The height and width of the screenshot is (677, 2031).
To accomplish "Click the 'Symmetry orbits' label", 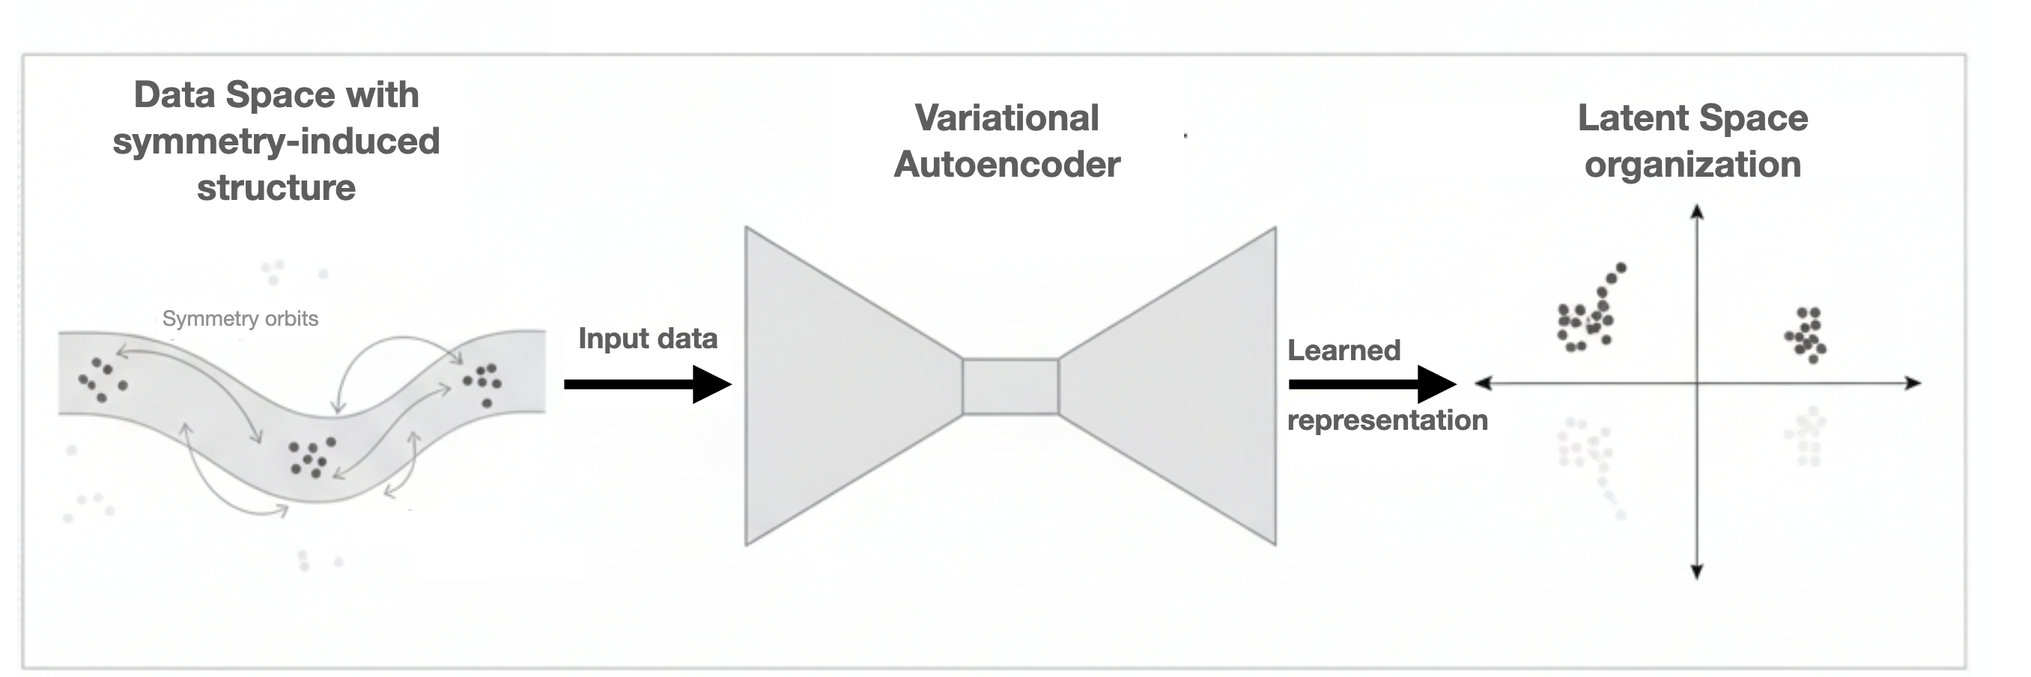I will pyautogui.click(x=240, y=318).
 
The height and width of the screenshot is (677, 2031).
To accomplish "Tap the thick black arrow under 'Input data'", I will pyautogui.click(x=646, y=384).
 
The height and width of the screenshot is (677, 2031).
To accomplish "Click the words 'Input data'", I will pyautogui.click(x=647, y=338).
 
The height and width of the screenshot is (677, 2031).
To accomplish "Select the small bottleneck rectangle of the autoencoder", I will pyautogui.click(x=1010, y=386).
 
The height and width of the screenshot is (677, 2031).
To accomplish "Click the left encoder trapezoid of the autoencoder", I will pyautogui.click(x=836, y=386).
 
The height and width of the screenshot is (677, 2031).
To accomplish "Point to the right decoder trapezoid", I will pyautogui.click(x=1183, y=386).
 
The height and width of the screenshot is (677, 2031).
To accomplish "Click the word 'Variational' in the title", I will pyautogui.click(x=1006, y=118).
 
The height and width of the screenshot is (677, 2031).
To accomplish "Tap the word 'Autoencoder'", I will pyautogui.click(x=1006, y=165).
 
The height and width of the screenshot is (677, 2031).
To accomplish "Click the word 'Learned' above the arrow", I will pyautogui.click(x=1344, y=350).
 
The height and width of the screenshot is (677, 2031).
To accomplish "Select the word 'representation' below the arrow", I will pyautogui.click(x=1387, y=420).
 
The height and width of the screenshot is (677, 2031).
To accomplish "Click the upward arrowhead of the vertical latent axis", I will pyautogui.click(x=1698, y=211).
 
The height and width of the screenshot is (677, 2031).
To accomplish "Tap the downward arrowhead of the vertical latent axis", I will pyautogui.click(x=1698, y=572).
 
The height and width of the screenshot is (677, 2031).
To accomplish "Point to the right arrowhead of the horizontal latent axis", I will pyautogui.click(x=1913, y=383).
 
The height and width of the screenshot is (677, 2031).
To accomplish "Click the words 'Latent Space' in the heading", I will pyautogui.click(x=1692, y=118).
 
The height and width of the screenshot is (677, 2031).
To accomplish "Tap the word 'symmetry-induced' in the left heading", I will pyautogui.click(x=276, y=141).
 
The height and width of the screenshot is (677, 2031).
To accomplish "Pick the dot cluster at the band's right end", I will pyautogui.click(x=482, y=382).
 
